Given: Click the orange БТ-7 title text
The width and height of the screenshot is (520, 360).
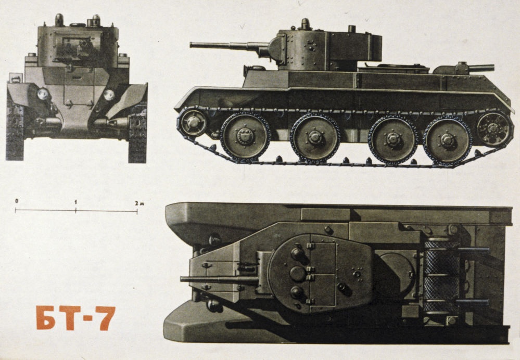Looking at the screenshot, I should pos(75,318).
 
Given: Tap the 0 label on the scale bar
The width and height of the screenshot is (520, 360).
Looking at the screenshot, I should pos(17,201).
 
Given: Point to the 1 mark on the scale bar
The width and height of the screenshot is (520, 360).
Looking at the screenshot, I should pos(76,201).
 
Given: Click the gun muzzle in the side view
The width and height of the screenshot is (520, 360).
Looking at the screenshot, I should pos(192,45).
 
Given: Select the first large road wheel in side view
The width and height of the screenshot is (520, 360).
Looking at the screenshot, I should pos(245,137).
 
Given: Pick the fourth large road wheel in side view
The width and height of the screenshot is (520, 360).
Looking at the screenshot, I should pos(448,139).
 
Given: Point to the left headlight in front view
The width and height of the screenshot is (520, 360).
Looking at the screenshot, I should pos(43,94).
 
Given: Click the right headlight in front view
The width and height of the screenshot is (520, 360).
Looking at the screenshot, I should pos(109,95).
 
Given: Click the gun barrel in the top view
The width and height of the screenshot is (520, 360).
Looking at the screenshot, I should pos(219,279).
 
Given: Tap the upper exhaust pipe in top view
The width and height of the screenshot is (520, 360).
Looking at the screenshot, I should pos(474,251).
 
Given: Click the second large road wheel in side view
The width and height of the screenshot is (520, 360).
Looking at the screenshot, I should pos(315,138).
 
